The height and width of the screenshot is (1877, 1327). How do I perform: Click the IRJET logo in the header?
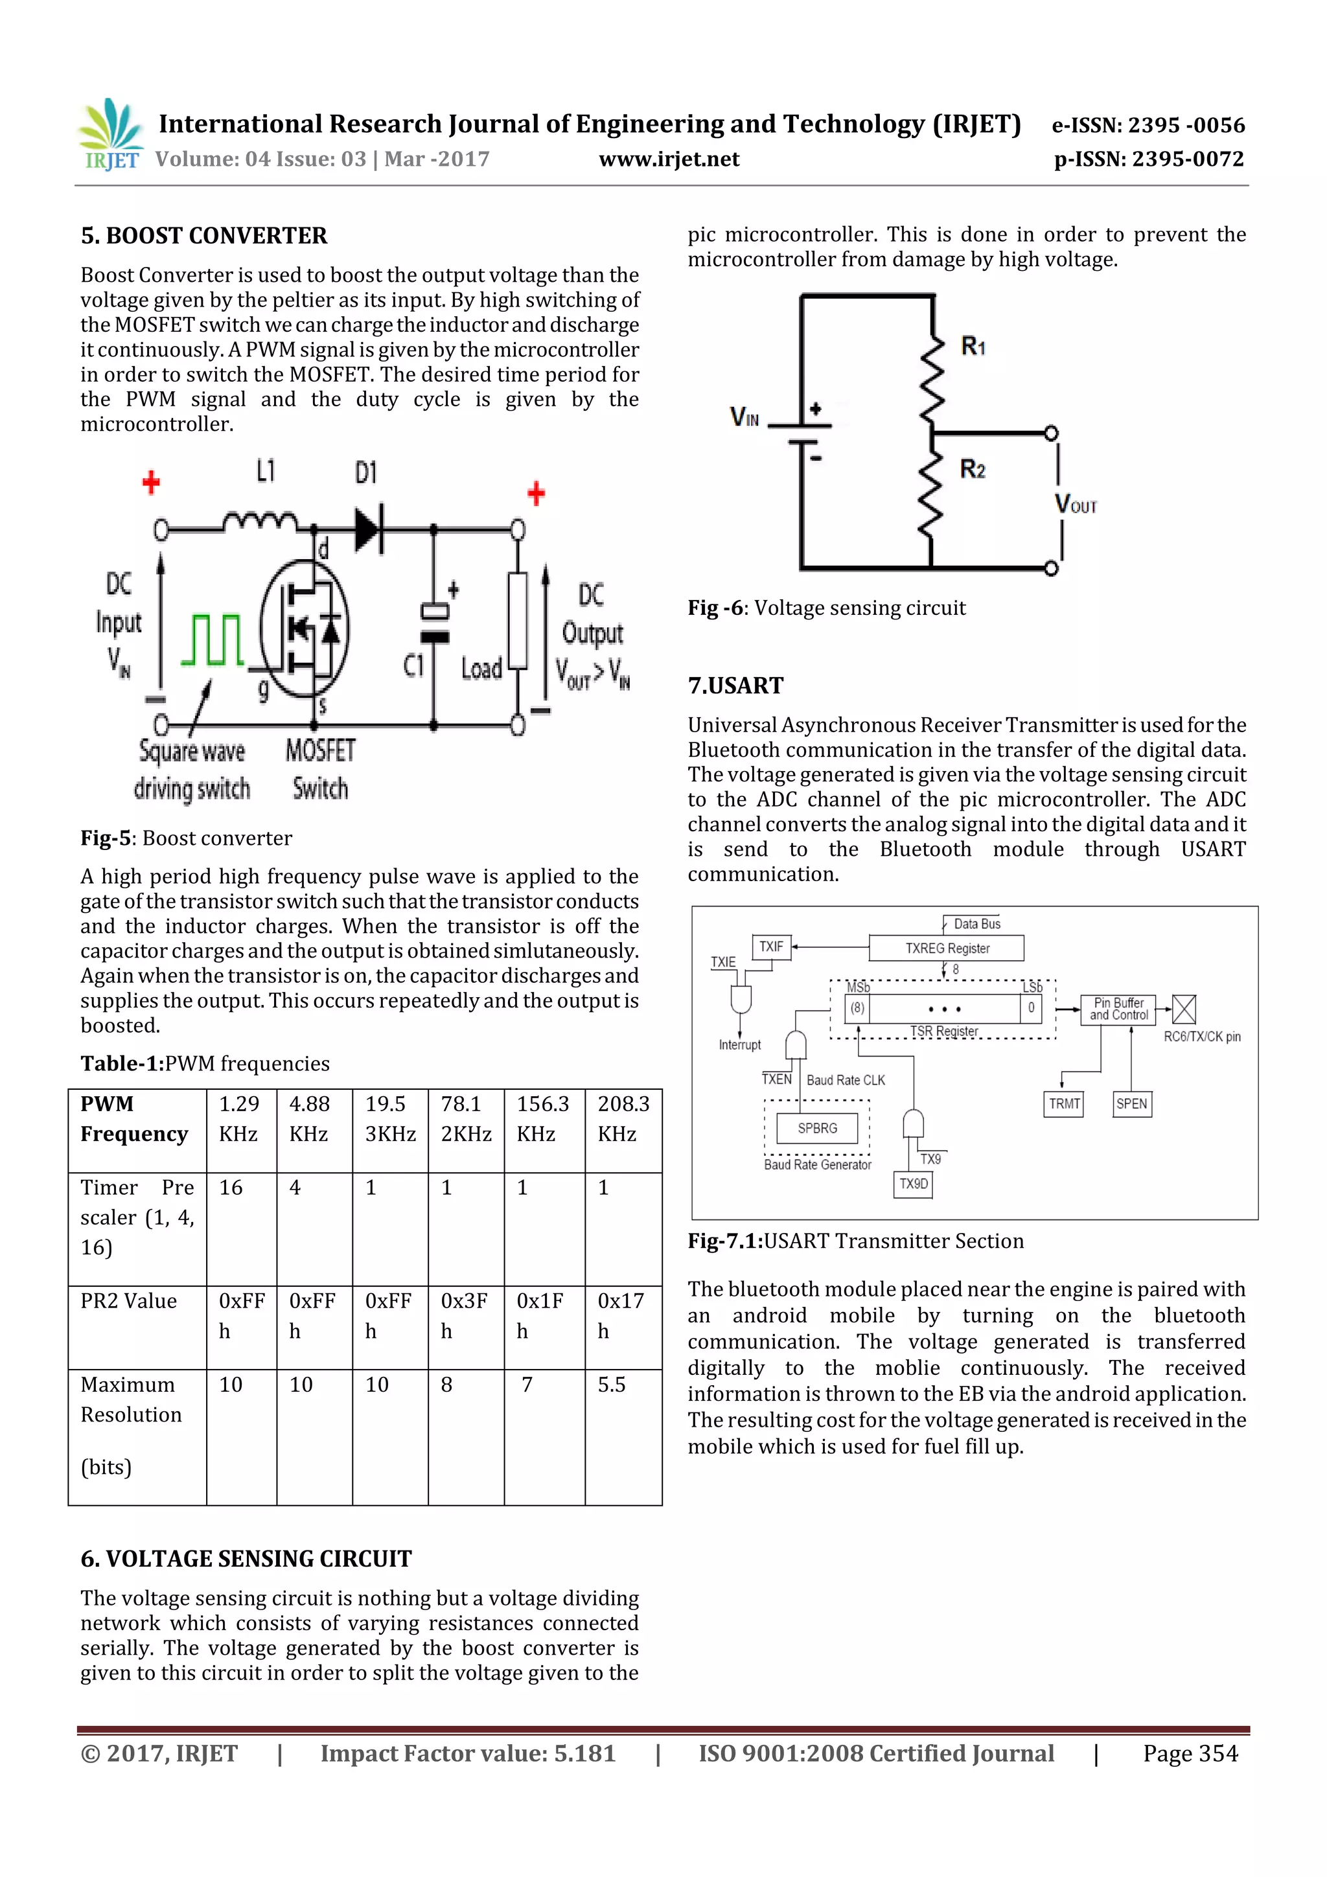[110, 135]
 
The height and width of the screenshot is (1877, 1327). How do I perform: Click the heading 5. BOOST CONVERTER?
[203, 236]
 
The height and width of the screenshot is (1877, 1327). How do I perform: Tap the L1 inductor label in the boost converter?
[266, 472]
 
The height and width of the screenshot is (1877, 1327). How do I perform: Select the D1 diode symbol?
[369, 530]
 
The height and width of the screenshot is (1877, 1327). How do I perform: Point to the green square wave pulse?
[213, 640]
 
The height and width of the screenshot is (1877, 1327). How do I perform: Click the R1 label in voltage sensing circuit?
[973, 347]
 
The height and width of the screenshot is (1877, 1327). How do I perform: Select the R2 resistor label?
[972, 469]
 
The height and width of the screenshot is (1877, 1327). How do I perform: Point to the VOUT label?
[1075, 503]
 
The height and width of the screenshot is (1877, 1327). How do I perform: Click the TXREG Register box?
[946, 949]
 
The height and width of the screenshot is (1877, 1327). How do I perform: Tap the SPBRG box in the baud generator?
[817, 1128]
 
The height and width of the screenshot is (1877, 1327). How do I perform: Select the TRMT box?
[1064, 1103]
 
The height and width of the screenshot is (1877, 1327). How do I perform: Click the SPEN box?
[1131, 1103]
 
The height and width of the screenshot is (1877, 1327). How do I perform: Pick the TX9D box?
[913, 1184]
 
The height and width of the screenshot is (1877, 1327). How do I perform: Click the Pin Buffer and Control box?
[1118, 1009]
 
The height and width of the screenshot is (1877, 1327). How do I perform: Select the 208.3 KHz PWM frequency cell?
[623, 1118]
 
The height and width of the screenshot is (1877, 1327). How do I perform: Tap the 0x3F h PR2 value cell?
[465, 1315]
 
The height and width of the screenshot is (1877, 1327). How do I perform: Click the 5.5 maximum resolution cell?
[612, 1385]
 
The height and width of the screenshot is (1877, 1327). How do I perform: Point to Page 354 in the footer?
[1190, 1753]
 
